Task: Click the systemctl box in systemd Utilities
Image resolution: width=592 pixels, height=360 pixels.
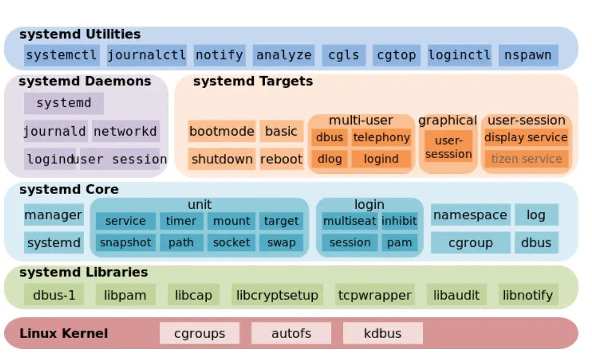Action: tap(62, 55)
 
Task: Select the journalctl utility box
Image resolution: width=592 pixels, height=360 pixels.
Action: tap(146, 55)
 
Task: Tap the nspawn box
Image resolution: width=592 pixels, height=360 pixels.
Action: tap(528, 55)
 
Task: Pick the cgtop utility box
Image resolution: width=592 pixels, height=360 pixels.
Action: tap(396, 55)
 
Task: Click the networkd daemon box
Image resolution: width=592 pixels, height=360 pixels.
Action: tap(125, 131)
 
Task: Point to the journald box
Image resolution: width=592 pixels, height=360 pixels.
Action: tap(54, 131)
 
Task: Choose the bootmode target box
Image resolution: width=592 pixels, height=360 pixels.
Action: tap(221, 131)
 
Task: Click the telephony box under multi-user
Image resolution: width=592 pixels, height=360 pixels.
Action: tap(381, 138)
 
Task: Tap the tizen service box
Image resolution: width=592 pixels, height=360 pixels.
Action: tap(526, 159)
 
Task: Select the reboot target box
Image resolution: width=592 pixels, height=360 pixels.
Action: tap(281, 159)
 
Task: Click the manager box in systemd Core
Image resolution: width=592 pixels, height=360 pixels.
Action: tap(53, 215)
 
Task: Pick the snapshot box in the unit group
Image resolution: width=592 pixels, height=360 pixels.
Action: tap(125, 243)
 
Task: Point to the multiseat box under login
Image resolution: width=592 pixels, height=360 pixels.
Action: tap(349, 221)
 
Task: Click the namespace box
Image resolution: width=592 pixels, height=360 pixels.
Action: tap(470, 215)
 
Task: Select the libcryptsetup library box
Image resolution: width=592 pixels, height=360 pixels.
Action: tap(277, 295)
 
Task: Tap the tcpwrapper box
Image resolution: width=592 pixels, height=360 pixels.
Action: tap(374, 295)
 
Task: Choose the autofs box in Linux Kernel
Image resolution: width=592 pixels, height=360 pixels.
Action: tap(291, 333)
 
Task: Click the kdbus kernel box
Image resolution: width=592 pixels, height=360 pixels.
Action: tap(383, 333)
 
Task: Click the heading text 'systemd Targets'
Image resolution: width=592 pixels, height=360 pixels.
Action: tap(253, 81)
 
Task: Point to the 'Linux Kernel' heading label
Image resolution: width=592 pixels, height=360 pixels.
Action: tap(64, 333)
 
